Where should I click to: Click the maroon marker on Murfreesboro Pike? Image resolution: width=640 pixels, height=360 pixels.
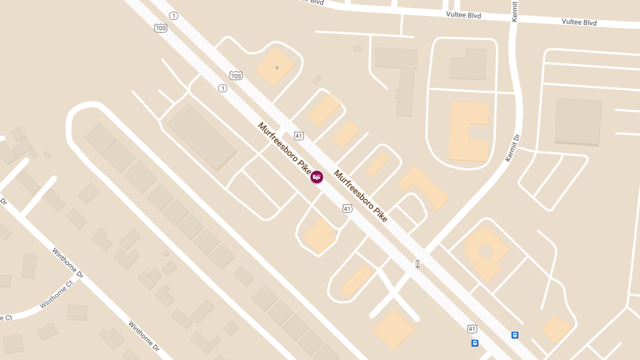point(317,177)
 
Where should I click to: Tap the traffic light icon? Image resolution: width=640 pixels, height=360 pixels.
point(418,263)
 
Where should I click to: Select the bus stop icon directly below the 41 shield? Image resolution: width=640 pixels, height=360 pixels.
point(475,343)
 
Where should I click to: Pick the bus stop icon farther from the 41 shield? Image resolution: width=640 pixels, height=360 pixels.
point(515,335)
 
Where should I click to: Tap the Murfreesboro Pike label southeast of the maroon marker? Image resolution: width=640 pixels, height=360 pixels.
point(360,196)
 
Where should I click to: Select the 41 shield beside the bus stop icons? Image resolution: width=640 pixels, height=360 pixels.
point(471,329)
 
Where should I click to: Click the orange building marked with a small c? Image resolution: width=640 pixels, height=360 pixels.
point(275,66)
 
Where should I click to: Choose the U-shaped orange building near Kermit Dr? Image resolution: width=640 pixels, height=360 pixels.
point(468,131)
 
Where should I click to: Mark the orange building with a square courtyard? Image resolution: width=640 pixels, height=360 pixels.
point(485,251)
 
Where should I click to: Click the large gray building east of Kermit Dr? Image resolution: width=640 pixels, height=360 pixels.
point(578,122)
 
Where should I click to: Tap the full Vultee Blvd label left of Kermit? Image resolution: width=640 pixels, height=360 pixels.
point(463,15)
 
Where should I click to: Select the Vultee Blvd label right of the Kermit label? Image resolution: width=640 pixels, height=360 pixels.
point(579,22)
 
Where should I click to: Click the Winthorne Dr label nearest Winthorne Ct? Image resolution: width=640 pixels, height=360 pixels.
point(68,263)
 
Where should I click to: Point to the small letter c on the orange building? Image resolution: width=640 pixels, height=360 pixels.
point(277,67)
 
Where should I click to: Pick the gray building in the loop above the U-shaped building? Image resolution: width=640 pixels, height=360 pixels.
point(468,64)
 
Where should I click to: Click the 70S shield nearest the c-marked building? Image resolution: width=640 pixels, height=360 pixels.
point(236,76)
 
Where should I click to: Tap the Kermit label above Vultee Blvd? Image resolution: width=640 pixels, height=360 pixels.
point(515,12)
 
